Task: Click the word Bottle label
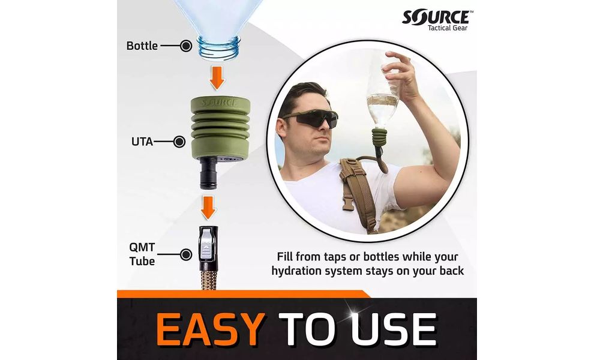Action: (x=142, y=46)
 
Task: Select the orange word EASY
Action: (x=210, y=329)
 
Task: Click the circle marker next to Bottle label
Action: (x=186, y=46)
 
